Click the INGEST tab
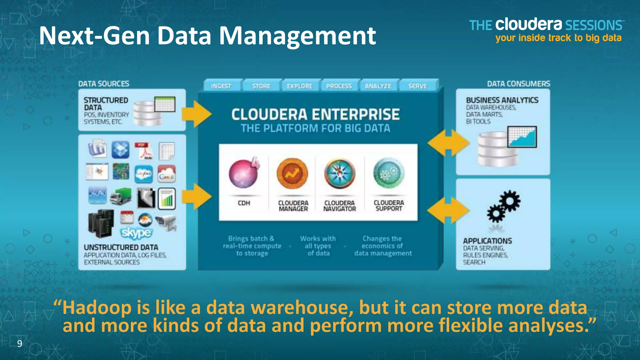(221, 86)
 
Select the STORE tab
(261, 86)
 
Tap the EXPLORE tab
(300, 86)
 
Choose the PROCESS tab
(339, 86)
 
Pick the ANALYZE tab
(378, 86)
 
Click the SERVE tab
(417, 86)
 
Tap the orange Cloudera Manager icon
(292, 173)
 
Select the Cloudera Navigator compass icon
(340, 174)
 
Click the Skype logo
(137, 233)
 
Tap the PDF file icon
(144, 151)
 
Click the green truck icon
(121, 196)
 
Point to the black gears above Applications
(503, 207)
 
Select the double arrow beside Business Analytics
(448, 143)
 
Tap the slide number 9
(20, 344)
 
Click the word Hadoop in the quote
(97, 307)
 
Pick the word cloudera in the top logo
(529, 25)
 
